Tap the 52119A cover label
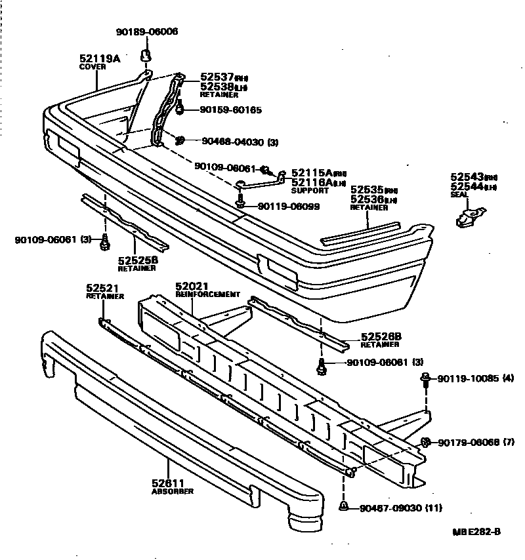coord(100,58)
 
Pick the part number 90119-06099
coord(289,206)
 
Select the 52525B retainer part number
coord(138,260)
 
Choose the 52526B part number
coord(381,336)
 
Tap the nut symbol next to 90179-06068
coord(425,442)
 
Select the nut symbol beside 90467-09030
coord(344,506)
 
